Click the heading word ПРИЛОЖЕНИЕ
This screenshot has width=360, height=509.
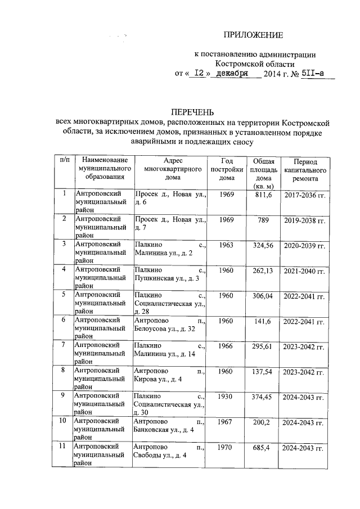pyautogui.click(x=253, y=35)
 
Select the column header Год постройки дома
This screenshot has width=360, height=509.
pyautogui.click(x=227, y=169)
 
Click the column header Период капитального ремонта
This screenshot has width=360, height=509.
pyautogui.click(x=305, y=169)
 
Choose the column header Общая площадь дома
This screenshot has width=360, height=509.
pyautogui.click(x=263, y=174)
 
